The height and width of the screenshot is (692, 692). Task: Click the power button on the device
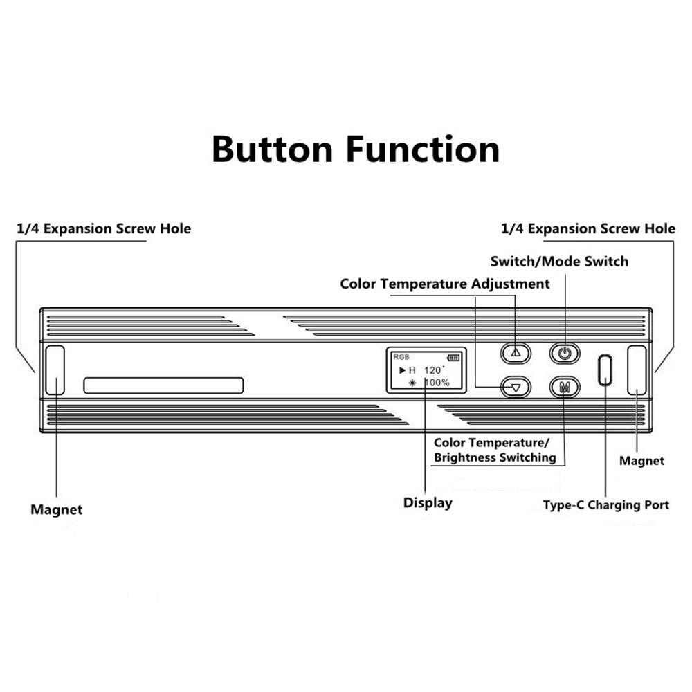click(x=565, y=353)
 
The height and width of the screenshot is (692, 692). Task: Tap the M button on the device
click(x=565, y=387)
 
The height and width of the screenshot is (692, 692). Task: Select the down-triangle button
click(x=514, y=387)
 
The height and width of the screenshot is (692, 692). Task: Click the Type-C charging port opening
click(x=605, y=370)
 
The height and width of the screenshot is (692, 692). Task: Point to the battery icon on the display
click(x=453, y=358)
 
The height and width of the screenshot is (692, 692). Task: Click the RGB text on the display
click(x=401, y=357)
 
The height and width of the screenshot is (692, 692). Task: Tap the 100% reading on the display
click(x=436, y=383)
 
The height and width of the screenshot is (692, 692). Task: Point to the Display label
click(x=428, y=503)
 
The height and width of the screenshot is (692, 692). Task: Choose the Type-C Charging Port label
click(x=605, y=505)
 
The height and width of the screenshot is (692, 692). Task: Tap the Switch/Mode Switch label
click(x=559, y=261)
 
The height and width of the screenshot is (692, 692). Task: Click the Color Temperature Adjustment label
click(x=445, y=284)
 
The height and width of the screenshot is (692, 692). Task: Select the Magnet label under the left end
click(x=56, y=510)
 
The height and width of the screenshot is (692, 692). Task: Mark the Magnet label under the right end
click(x=641, y=461)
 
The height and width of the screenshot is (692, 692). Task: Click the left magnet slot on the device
click(x=55, y=370)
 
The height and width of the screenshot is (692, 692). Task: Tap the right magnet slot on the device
click(x=637, y=370)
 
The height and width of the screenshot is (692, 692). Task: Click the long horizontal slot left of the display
click(x=163, y=385)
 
